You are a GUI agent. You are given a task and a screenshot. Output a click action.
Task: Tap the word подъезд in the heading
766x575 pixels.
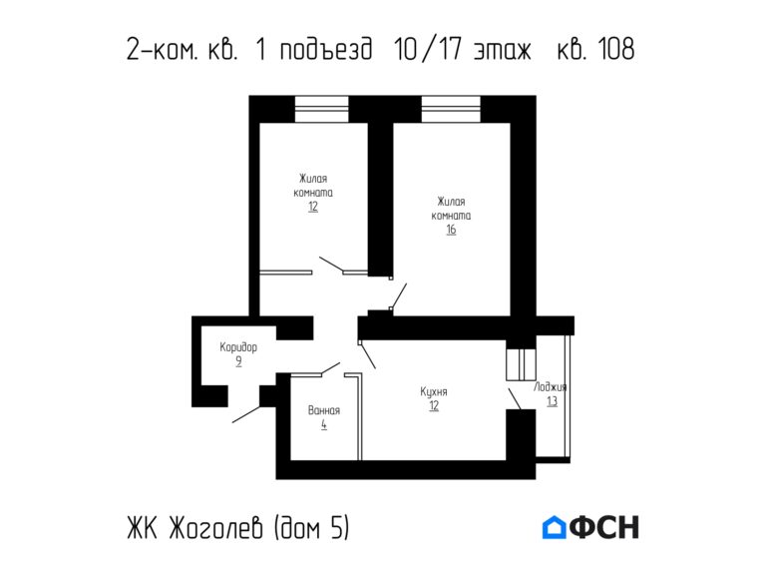point(326,50)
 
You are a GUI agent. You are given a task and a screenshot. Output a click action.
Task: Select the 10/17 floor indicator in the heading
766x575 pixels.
point(428,49)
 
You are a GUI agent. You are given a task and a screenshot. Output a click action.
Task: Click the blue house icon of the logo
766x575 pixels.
point(554,527)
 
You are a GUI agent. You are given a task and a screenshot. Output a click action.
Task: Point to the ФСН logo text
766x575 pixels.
point(604,527)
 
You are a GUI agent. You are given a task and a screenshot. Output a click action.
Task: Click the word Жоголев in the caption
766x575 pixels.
point(216,528)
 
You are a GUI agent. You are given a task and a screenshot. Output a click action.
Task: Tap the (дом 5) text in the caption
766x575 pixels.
point(311,528)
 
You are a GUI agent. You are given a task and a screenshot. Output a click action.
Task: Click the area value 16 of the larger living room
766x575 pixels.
point(451,230)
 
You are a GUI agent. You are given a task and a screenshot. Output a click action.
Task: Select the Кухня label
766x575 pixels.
point(434,391)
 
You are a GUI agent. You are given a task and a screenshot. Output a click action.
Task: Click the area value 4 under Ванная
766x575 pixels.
point(324,424)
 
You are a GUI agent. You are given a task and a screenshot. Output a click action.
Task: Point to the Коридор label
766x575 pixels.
point(238,347)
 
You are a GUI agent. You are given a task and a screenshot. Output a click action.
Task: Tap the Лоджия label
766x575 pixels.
point(551,387)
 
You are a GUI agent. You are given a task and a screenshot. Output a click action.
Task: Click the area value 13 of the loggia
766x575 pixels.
point(552,401)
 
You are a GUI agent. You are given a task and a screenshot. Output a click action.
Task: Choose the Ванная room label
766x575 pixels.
point(324,410)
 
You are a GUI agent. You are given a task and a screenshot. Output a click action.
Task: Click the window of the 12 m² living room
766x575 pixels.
point(321,109)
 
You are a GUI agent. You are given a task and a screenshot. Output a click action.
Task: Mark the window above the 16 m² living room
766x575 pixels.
point(451,109)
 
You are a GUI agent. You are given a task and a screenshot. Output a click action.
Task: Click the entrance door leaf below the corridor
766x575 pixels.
point(246,414)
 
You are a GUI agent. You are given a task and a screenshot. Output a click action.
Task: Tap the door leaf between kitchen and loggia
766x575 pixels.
point(515,399)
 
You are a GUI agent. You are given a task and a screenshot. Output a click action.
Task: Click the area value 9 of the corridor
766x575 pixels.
point(238,361)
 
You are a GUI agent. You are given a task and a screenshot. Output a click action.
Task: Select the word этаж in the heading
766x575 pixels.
point(503,50)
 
